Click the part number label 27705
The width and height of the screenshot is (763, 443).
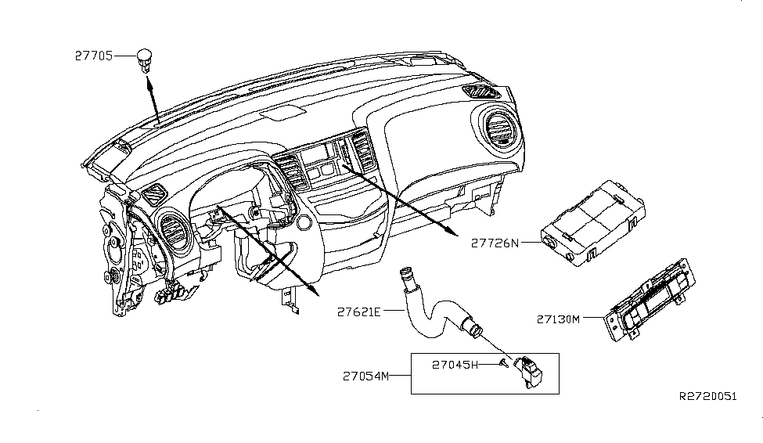click(92, 56)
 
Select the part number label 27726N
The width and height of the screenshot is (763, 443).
click(495, 243)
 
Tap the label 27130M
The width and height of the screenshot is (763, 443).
click(558, 319)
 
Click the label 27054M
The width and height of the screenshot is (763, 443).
click(365, 376)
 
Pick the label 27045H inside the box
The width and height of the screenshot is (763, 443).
click(454, 363)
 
